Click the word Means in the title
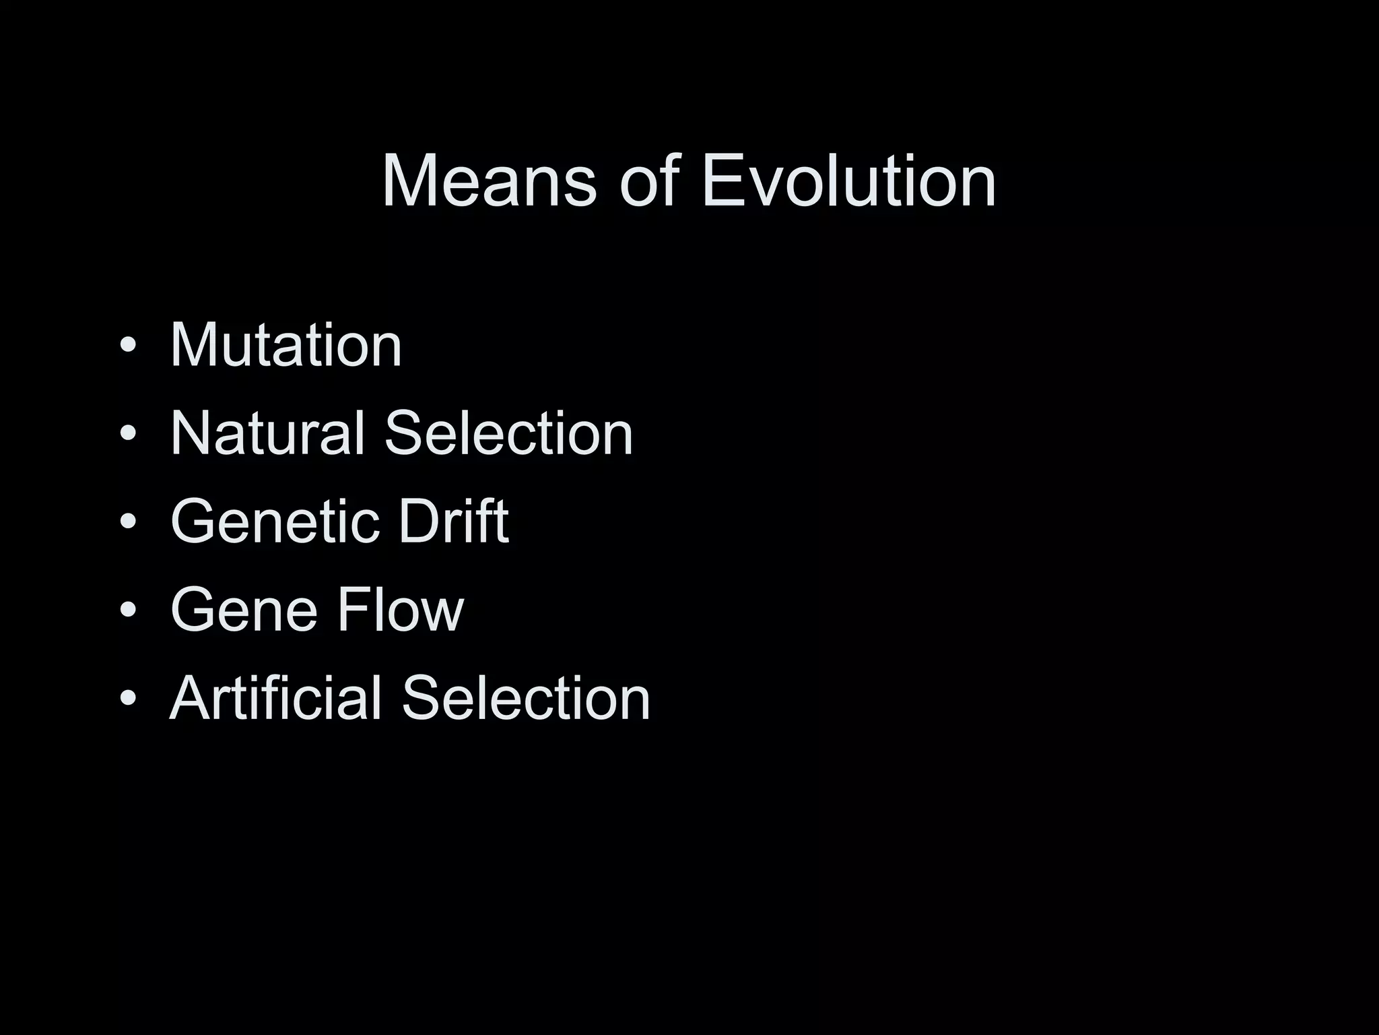point(489,182)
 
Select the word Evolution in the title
point(848,182)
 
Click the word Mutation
point(286,345)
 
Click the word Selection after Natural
point(508,433)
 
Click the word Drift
point(453,522)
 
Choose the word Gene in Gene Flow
point(244,610)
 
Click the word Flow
point(400,610)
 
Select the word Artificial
point(276,698)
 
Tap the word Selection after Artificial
point(526,698)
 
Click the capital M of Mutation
point(193,345)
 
